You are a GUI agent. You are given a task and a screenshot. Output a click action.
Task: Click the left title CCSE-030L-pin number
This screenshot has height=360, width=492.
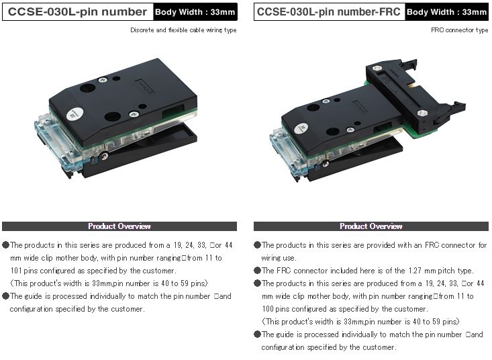pos(77,12)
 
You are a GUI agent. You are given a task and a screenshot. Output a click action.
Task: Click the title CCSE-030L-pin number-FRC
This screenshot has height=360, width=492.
pos(328,12)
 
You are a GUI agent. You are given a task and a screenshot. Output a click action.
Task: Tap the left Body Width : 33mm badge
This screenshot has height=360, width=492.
pos(195,12)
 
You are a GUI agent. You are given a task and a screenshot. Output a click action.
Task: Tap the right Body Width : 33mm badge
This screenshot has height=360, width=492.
pos(446,12)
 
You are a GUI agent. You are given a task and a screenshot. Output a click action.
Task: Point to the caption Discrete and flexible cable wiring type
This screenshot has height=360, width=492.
pos(183,30)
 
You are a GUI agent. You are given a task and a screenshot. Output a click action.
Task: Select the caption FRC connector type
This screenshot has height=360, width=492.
pos(459,30)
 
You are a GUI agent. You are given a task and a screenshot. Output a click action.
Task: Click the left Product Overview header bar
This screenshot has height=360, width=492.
pos(119,226)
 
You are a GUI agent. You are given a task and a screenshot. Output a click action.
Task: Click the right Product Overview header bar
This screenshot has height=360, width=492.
pos(371,226)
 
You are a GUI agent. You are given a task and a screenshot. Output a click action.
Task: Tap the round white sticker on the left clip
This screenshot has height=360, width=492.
pos(75,114)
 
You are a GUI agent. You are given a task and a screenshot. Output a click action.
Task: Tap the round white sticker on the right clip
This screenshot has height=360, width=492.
pos(301,129)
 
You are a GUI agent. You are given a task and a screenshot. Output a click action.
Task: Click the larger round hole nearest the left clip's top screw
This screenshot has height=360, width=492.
pos(87,88)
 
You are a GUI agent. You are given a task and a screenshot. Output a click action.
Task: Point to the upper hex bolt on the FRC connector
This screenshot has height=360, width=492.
pos(377,68)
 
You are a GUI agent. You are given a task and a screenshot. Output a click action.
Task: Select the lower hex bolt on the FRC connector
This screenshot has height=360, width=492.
pos(422,114)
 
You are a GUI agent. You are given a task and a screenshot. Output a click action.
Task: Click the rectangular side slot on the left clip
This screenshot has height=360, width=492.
pos(173,110)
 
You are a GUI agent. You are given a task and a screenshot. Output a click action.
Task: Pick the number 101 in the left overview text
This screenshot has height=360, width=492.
pos(15,271)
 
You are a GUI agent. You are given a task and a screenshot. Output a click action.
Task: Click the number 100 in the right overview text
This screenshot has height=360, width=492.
pos(268,309)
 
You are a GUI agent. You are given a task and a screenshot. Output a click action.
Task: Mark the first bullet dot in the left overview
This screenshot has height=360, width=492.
pos(5,244)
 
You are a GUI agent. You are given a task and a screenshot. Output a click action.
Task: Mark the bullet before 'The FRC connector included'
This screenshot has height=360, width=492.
pos(257,271)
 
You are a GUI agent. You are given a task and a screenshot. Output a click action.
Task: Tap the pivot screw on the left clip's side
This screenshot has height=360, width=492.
pos(105,156)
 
